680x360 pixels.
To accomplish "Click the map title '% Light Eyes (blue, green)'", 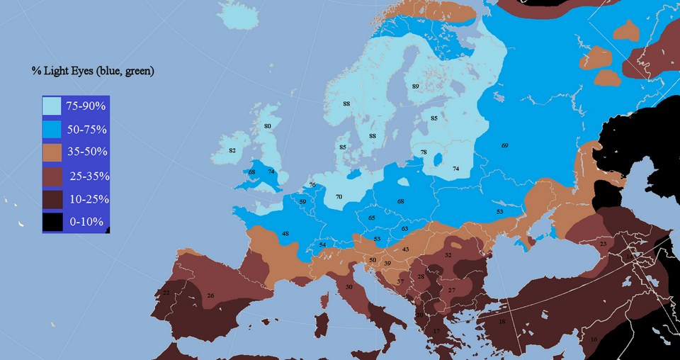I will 93,71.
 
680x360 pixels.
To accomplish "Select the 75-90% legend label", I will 86,106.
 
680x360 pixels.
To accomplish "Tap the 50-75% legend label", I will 86,130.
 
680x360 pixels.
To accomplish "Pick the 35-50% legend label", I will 86,152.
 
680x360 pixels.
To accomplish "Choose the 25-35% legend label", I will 89,175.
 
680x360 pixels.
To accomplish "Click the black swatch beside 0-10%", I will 52,222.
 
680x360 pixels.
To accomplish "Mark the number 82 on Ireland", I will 232,151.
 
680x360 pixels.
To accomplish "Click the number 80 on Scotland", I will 267,126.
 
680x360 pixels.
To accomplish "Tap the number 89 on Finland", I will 416,86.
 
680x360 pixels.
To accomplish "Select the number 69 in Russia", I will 504,145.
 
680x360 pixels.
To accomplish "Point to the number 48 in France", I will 285,233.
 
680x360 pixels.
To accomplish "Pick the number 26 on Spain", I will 210,295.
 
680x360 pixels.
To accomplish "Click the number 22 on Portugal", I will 166,292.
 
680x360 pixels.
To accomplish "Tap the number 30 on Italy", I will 348,286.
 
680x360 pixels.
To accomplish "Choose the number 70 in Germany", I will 339,196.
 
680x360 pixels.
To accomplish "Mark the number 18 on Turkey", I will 502,322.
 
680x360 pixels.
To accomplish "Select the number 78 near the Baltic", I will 424,152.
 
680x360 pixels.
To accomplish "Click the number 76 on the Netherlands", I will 312,185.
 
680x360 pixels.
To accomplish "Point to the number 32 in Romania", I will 448,254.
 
